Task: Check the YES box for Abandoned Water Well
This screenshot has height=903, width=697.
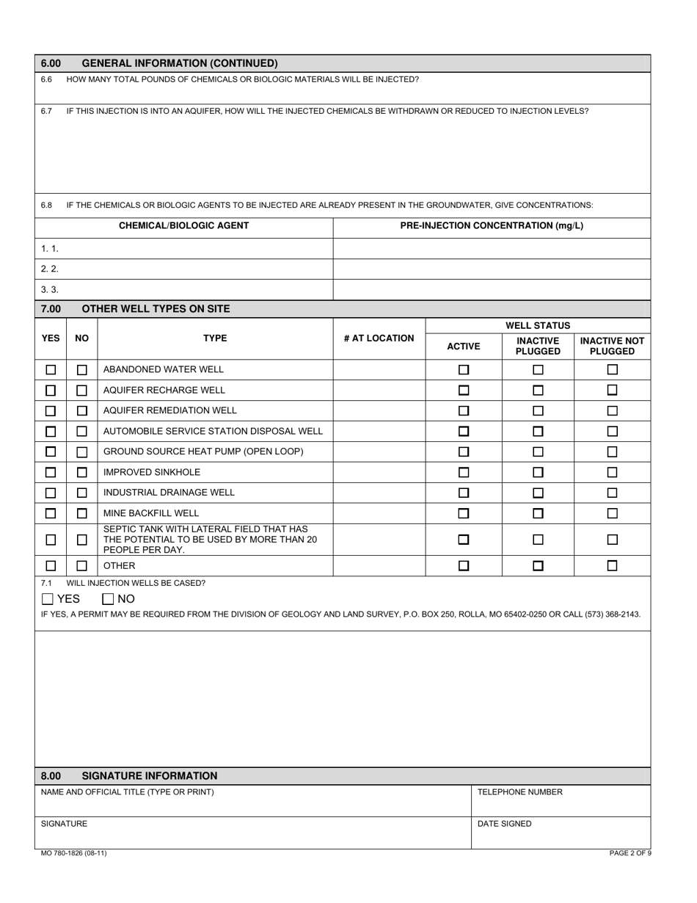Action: coord(51,370)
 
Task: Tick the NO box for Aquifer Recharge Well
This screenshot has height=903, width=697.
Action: coord(82,391)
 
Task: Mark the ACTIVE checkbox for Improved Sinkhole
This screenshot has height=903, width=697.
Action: coord(464,473)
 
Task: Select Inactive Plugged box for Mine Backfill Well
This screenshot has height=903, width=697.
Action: coord(538,514)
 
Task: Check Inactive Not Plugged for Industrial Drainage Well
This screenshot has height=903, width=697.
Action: coord(613,493)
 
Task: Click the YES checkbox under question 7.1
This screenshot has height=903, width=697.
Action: coord(48,599)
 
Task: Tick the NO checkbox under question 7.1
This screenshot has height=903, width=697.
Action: coord(108,599)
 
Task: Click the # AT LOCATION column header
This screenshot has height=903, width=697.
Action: coord(379,338)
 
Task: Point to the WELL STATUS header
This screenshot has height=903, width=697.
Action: coord(538,325)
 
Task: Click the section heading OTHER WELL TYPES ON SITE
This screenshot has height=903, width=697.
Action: coord(156,309)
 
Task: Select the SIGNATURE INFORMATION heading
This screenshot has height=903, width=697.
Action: coord(150,776)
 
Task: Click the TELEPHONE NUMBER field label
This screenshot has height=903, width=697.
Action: coord(519,792)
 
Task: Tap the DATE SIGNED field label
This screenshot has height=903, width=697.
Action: coord(505,824)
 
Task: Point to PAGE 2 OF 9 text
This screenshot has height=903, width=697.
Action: coord(630,853)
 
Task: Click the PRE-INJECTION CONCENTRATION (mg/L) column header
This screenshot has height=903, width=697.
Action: coord(492,226)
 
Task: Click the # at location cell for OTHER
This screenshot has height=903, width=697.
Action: coord(379,566)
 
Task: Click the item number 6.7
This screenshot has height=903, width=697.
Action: coord(46,112)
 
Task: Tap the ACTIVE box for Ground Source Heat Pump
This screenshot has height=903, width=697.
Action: coord(464,452)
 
